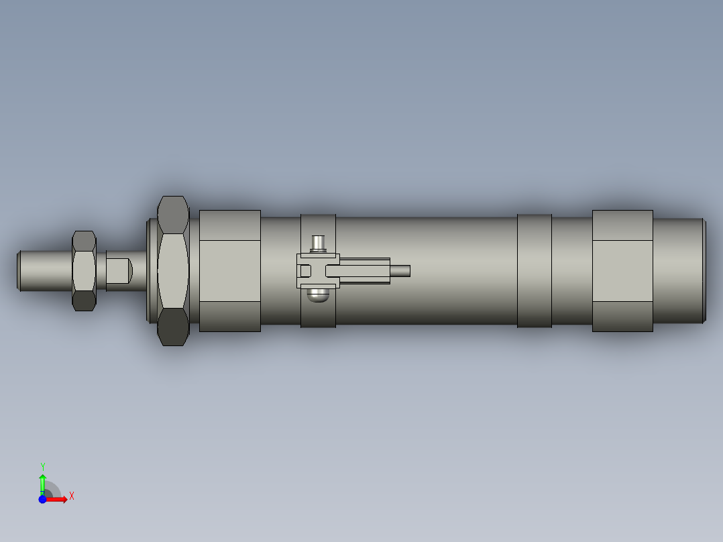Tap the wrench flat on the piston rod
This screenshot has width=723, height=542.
tap(118, 270)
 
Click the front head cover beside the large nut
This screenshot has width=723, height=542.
tap(229, 270)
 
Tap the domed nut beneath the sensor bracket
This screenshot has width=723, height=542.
tap(318, 294)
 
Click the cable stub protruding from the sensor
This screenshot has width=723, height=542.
tap(400, 271)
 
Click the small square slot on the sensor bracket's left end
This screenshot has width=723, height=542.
tap(304, 271)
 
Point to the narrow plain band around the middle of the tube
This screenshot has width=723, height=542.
tap(534, 271)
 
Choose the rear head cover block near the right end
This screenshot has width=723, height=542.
tap(622, 270)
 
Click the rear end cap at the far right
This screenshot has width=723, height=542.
tap(679, 270)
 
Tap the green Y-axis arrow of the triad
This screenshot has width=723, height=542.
tap(42, 482)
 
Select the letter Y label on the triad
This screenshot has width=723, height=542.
tap(42, 466)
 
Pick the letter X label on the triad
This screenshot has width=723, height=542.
tap(72, 496)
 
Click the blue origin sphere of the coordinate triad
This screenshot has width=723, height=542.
tap(42, 499)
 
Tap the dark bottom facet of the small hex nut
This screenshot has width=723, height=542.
tap(84, 301)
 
